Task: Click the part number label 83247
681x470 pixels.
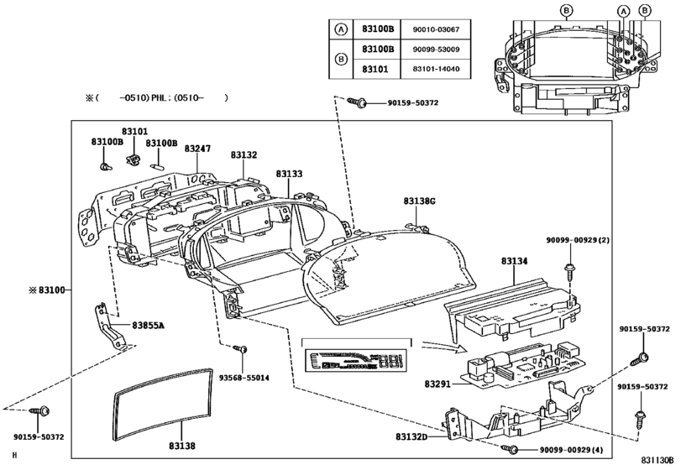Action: pos(197,149)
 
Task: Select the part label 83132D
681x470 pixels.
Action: pos(411,436)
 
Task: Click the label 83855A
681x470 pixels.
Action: pos(148,324)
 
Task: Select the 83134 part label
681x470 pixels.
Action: pos(515,261)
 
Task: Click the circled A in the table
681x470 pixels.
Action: pos(341,29)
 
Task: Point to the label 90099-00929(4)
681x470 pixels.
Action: pos(574,451)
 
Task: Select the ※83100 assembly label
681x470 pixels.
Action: pos(49,290)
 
